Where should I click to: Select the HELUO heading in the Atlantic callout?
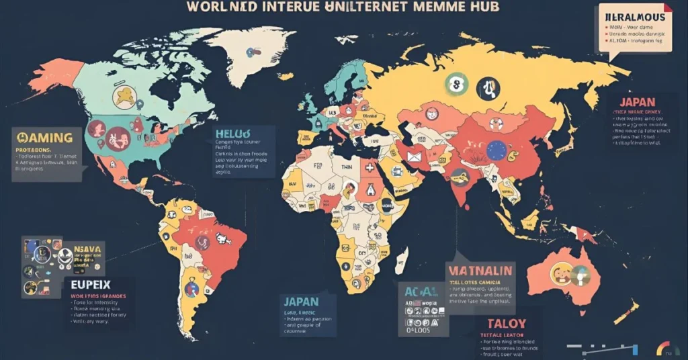(231, 132)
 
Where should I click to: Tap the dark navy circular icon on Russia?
(488, 88)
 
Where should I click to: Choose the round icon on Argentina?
(191, 289)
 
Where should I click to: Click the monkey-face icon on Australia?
(560, 272)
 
